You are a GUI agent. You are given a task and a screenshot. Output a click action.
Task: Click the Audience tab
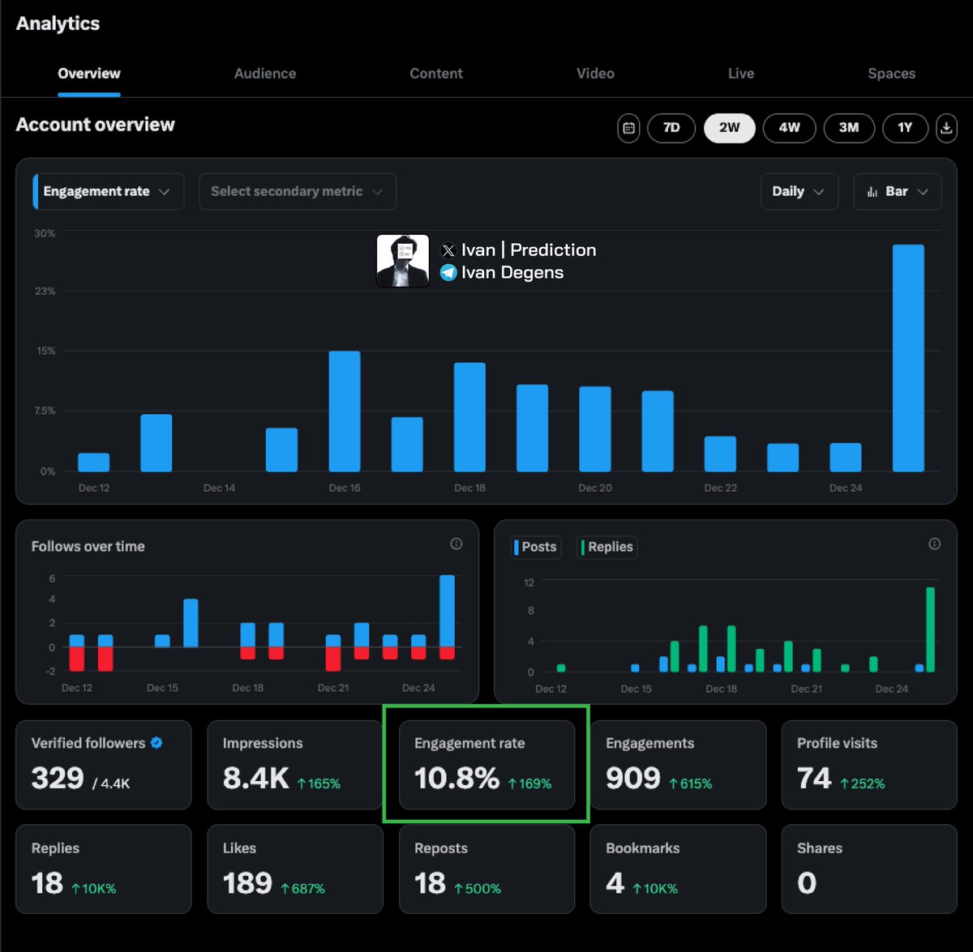[265, 74]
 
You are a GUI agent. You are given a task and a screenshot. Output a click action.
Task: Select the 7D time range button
[671, 128]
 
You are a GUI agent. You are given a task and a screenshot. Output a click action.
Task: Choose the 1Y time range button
[905, 128]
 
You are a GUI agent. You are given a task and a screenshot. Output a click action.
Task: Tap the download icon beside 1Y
[946, 128]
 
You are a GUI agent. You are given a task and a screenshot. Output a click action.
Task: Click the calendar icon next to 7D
[628, 128]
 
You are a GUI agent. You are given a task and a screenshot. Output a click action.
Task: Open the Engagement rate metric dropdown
[108, 192]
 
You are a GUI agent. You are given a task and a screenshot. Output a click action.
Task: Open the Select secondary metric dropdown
[297, 192]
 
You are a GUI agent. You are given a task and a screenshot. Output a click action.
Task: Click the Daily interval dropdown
[799, 192]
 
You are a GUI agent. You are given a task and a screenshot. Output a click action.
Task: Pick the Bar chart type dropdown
[897, 192]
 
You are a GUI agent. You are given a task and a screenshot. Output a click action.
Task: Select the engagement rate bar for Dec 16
[345, 412]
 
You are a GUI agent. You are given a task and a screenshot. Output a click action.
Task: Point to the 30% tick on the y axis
[45, 233]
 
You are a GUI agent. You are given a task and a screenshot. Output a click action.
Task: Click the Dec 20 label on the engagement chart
[595, 488]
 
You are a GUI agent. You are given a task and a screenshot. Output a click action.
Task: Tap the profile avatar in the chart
[403, 261]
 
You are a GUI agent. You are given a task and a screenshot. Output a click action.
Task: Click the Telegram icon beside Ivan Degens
[448, 273]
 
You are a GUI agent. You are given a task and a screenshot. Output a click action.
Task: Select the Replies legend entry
[607, 547]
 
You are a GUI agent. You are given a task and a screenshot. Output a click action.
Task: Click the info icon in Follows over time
[456, 544]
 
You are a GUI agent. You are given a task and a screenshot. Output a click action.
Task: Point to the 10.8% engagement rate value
[456, 779]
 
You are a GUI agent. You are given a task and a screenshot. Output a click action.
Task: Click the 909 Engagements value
[633, 779]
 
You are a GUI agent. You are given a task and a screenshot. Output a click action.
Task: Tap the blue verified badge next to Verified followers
[156, 743]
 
